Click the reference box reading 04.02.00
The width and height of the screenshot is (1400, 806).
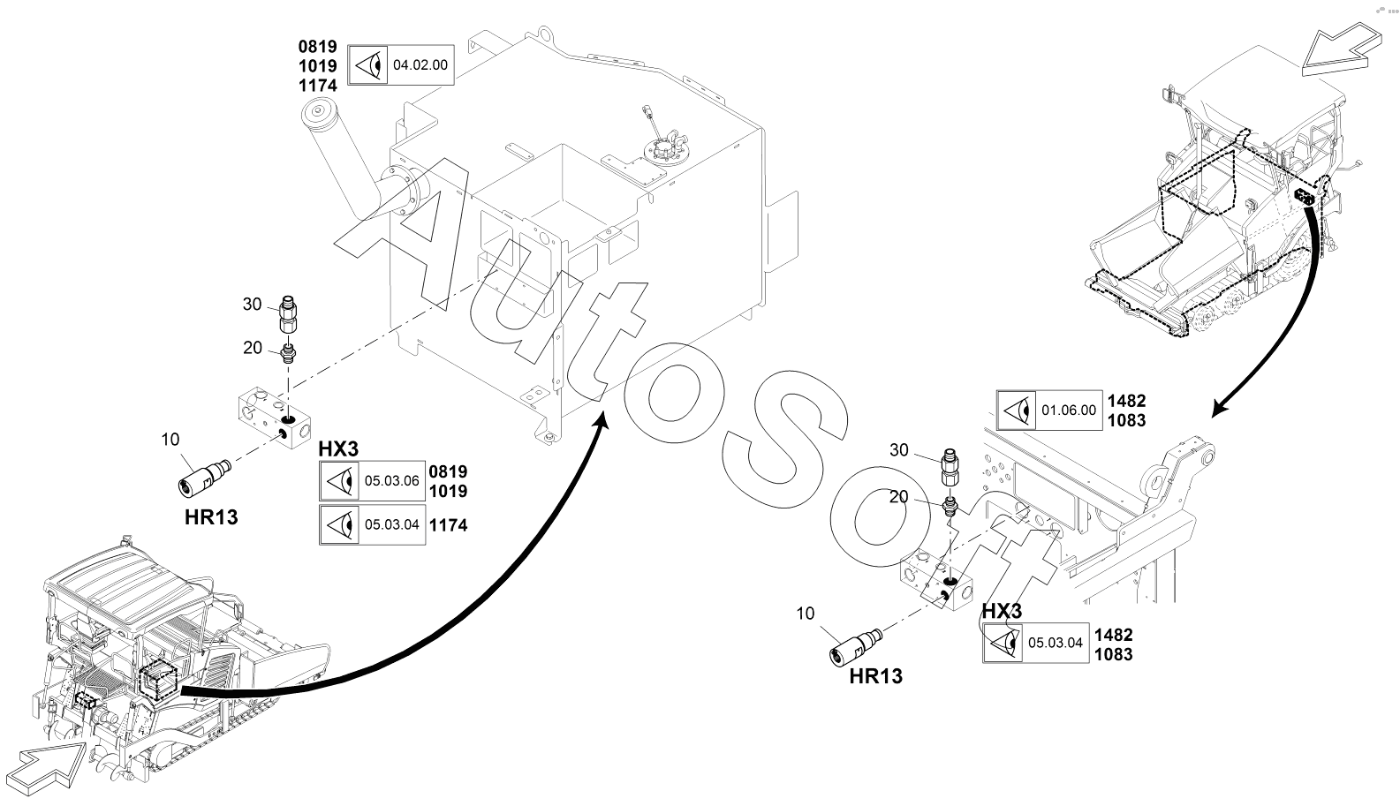pos(401,65)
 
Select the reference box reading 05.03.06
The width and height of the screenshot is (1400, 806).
pos(373,480)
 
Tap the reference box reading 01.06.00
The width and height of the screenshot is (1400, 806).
pos(1049,411)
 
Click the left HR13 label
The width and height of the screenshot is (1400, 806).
pos(211,517)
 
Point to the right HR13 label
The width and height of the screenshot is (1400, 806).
pos(875,676)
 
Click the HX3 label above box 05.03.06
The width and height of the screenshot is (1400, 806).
pos(339,449)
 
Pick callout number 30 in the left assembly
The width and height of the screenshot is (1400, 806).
pos(252,305)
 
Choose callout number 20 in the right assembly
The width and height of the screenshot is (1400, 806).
pos(898,497)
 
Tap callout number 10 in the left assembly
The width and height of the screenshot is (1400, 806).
pos(170,440)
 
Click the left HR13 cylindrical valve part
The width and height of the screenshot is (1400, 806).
pos(204,478)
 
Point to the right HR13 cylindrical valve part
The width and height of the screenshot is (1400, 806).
pos(855,648)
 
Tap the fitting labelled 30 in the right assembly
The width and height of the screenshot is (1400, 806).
pos(950,468)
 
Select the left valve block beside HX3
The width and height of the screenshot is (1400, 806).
pos(275,417)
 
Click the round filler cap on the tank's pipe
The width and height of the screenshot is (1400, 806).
pos(319,113)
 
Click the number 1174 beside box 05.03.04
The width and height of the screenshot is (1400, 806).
pos(448,525)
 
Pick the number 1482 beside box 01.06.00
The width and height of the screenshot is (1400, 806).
pos(1127,401)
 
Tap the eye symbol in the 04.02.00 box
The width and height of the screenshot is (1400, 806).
pos(368,65)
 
